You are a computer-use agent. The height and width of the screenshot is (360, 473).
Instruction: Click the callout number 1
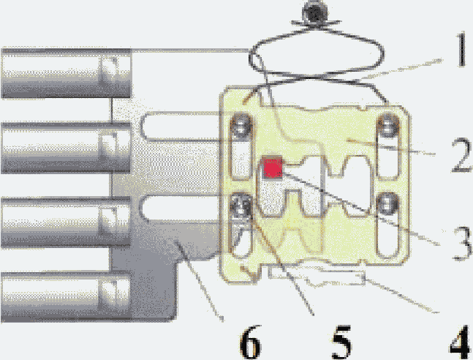click(460, 49)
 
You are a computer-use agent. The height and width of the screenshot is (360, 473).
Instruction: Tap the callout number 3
click(462, 244)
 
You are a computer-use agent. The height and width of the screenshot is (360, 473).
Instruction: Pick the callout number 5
click(341, 342)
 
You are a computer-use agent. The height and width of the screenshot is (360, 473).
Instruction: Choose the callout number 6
click(250, 342)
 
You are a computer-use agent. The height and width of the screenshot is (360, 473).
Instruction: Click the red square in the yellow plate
click(273, 168)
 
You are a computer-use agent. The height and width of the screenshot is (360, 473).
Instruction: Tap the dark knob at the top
click(314, 12)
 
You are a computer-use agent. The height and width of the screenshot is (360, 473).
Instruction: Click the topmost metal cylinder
click(66, 73)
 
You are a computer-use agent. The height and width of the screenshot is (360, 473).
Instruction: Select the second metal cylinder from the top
click(66, 148)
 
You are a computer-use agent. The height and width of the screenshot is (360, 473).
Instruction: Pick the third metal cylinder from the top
click(66, 222)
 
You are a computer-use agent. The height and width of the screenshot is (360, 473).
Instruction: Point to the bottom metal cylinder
click(66, 296)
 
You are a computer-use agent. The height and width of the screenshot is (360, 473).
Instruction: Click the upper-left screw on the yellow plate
click(241, 126)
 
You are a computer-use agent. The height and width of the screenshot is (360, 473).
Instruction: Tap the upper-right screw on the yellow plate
click(388, 126)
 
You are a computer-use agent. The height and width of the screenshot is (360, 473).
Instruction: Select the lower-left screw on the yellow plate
click(241, 206)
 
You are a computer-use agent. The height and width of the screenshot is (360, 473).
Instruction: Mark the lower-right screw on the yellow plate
click(387, 205)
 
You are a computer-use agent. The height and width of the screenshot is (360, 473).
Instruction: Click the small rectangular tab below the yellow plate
click(317, 275)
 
